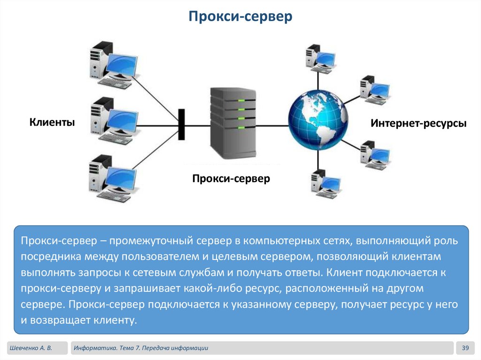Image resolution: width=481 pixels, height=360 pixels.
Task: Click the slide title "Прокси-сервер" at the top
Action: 240,17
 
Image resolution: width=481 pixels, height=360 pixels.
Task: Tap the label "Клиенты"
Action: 52,123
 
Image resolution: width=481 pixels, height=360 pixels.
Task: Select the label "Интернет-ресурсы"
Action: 419,124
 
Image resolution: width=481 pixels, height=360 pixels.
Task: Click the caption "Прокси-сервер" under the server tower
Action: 231,179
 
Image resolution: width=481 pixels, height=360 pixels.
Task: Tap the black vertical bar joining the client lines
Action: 181,125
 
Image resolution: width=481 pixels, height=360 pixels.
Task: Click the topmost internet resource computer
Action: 319,59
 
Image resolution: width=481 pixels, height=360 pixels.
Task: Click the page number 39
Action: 466,348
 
